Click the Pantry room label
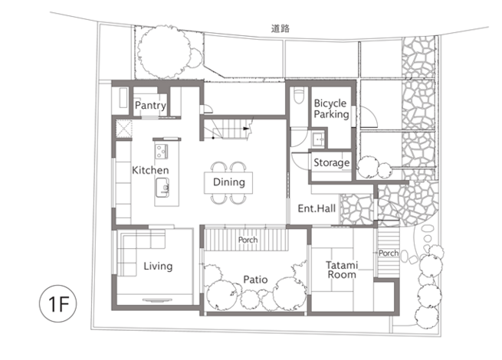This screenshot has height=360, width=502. (150, 106)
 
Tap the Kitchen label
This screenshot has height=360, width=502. (150, 170)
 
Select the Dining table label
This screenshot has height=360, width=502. (229, 182)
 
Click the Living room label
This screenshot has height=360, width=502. (158, 266)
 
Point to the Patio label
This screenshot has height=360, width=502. (255, 280)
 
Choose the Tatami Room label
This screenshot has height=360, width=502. (342, 270)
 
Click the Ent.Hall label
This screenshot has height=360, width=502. (317, 208)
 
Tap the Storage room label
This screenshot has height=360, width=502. (331, 162)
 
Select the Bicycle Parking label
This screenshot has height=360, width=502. (331, 109)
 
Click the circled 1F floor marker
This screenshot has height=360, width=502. (58, 303)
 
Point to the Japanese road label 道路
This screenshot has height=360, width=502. (281, 28)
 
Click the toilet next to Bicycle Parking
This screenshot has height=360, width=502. (299, 95)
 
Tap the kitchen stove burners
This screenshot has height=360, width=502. (162, 151)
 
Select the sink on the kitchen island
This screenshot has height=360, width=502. (162, 188)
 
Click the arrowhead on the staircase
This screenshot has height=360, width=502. (246, 129)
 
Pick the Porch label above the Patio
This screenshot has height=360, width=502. (248, 240)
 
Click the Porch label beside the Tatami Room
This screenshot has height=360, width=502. (389, 253)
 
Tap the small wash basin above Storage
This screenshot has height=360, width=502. (318, 139)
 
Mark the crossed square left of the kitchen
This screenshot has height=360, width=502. (124, 129)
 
